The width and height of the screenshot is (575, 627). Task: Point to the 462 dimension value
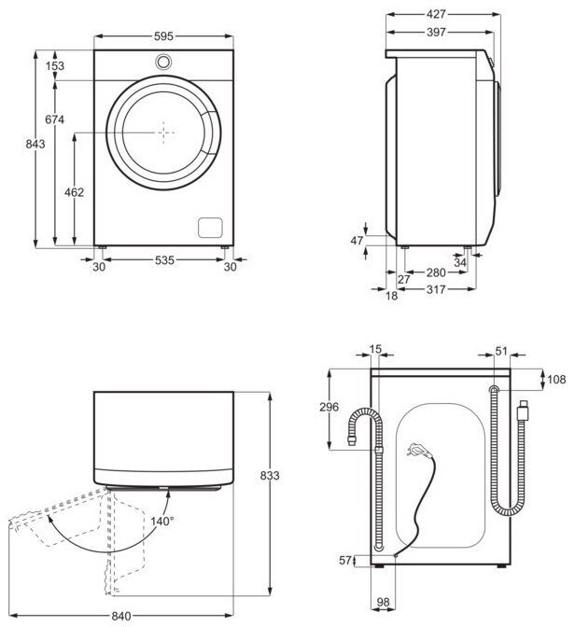[x=74, y=192]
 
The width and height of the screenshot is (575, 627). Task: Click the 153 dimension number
[x=55, y=66]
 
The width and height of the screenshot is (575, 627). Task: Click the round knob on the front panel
[x=164, y=63]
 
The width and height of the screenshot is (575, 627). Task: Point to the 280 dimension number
[x=435, y=272]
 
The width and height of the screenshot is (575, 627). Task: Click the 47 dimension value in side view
[x=356, y=241]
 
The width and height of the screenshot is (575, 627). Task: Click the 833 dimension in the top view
[x=270, y=475]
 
